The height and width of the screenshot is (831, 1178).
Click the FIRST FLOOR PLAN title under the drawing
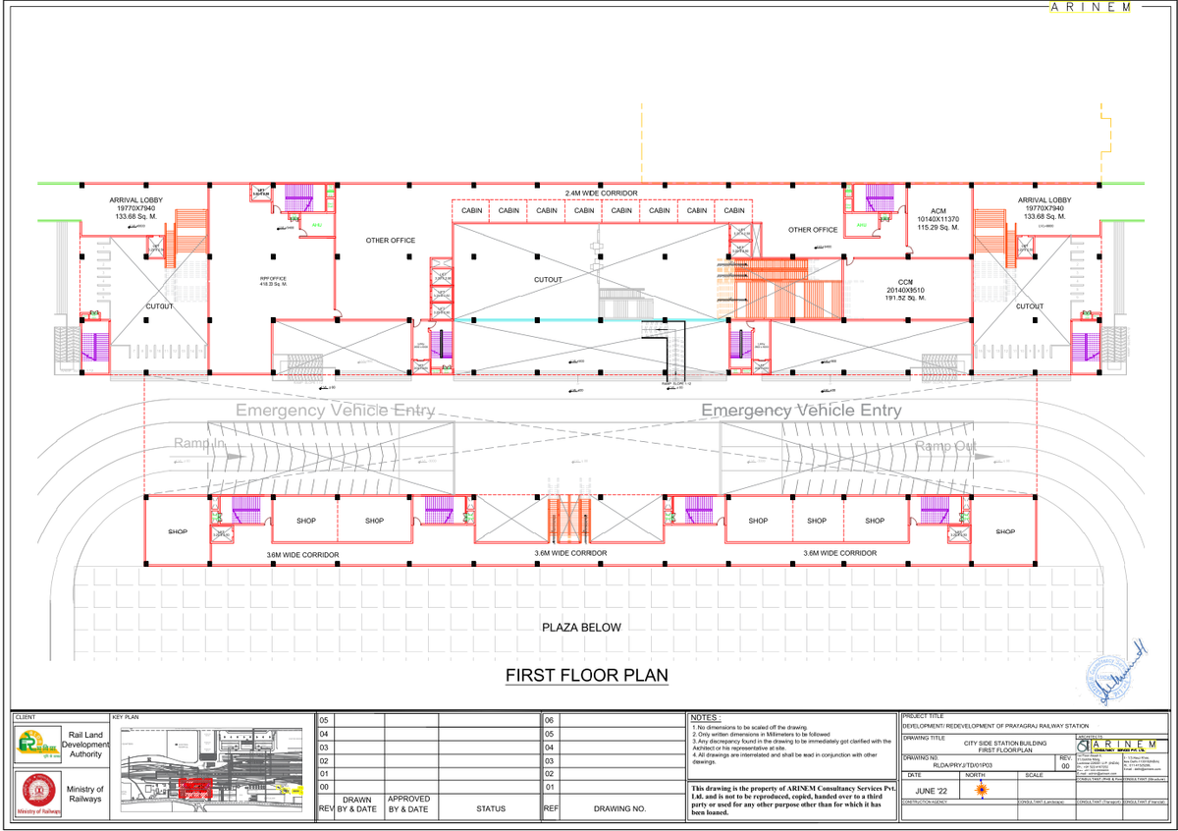tap(586, 676)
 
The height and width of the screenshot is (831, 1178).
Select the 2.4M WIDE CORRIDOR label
tap(602, 193)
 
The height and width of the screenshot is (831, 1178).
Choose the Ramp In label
tap(199, 444)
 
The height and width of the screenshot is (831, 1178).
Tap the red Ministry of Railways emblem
tap(35, 792)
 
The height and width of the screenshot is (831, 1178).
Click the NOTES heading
tap(707, 718)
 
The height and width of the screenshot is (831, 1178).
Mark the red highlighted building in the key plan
tap(194, 786)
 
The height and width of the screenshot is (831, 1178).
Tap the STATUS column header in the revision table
tap(490, 808)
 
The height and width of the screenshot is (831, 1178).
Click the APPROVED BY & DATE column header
tap(407, 804)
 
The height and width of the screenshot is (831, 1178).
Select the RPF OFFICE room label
tap(273, 281)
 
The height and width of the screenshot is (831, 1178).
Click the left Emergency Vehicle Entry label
tap(334, 410)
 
